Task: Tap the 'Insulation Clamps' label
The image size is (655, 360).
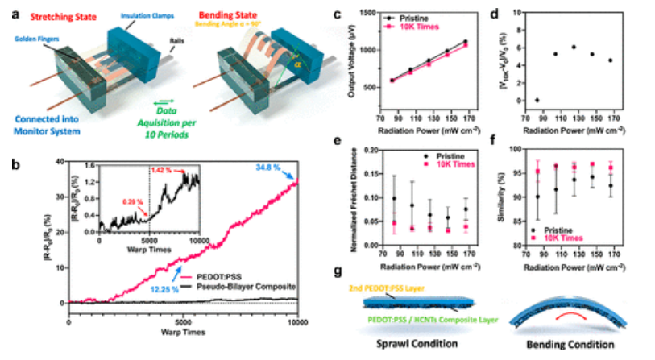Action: (131, 14)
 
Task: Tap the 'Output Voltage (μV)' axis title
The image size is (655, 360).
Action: (352, 57)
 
